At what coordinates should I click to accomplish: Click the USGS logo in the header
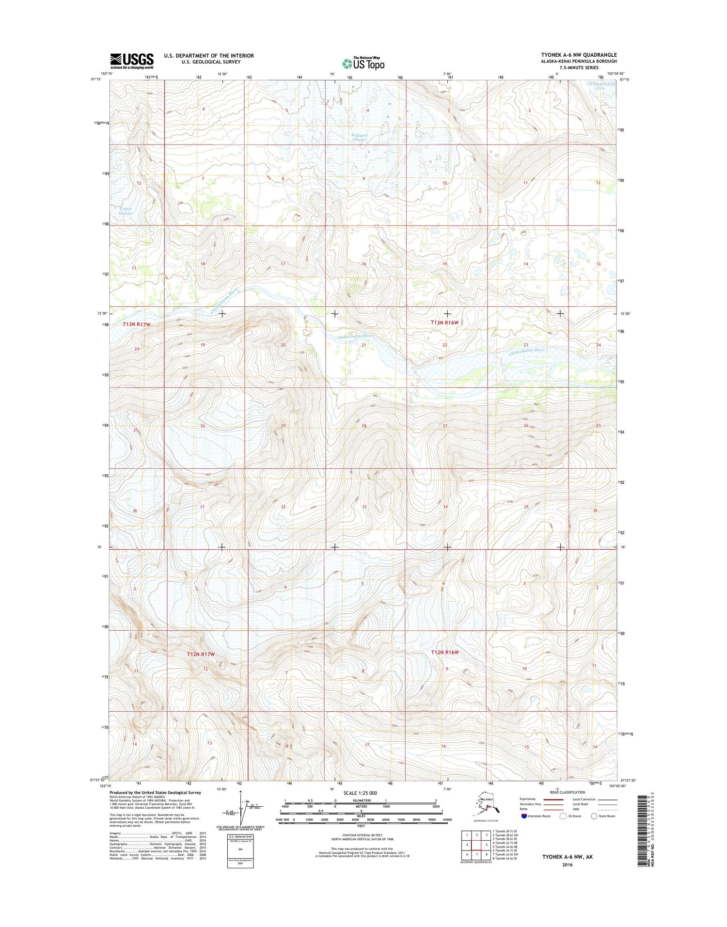click(132, 60)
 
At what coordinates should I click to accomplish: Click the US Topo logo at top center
click(363, 63)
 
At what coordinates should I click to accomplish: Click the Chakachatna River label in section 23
click(527, 351)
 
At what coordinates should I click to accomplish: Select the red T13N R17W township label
click(137, 324)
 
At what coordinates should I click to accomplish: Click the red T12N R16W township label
click(444, 652)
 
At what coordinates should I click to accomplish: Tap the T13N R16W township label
click(444, 322)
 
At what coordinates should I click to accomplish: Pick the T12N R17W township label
click(201, 654)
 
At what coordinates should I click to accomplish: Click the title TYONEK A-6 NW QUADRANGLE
click(579, 55)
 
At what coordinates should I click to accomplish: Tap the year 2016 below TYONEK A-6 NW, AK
click(567, 864)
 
